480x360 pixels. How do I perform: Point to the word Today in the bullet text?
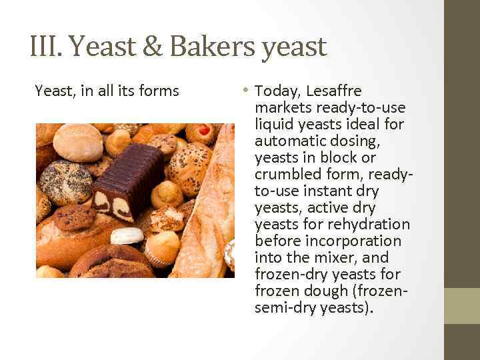coord(275,91)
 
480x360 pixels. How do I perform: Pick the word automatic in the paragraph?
coord(288,141)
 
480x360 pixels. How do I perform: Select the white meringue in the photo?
coord(127,235)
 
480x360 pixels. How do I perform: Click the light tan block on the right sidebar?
coord(461,305)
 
